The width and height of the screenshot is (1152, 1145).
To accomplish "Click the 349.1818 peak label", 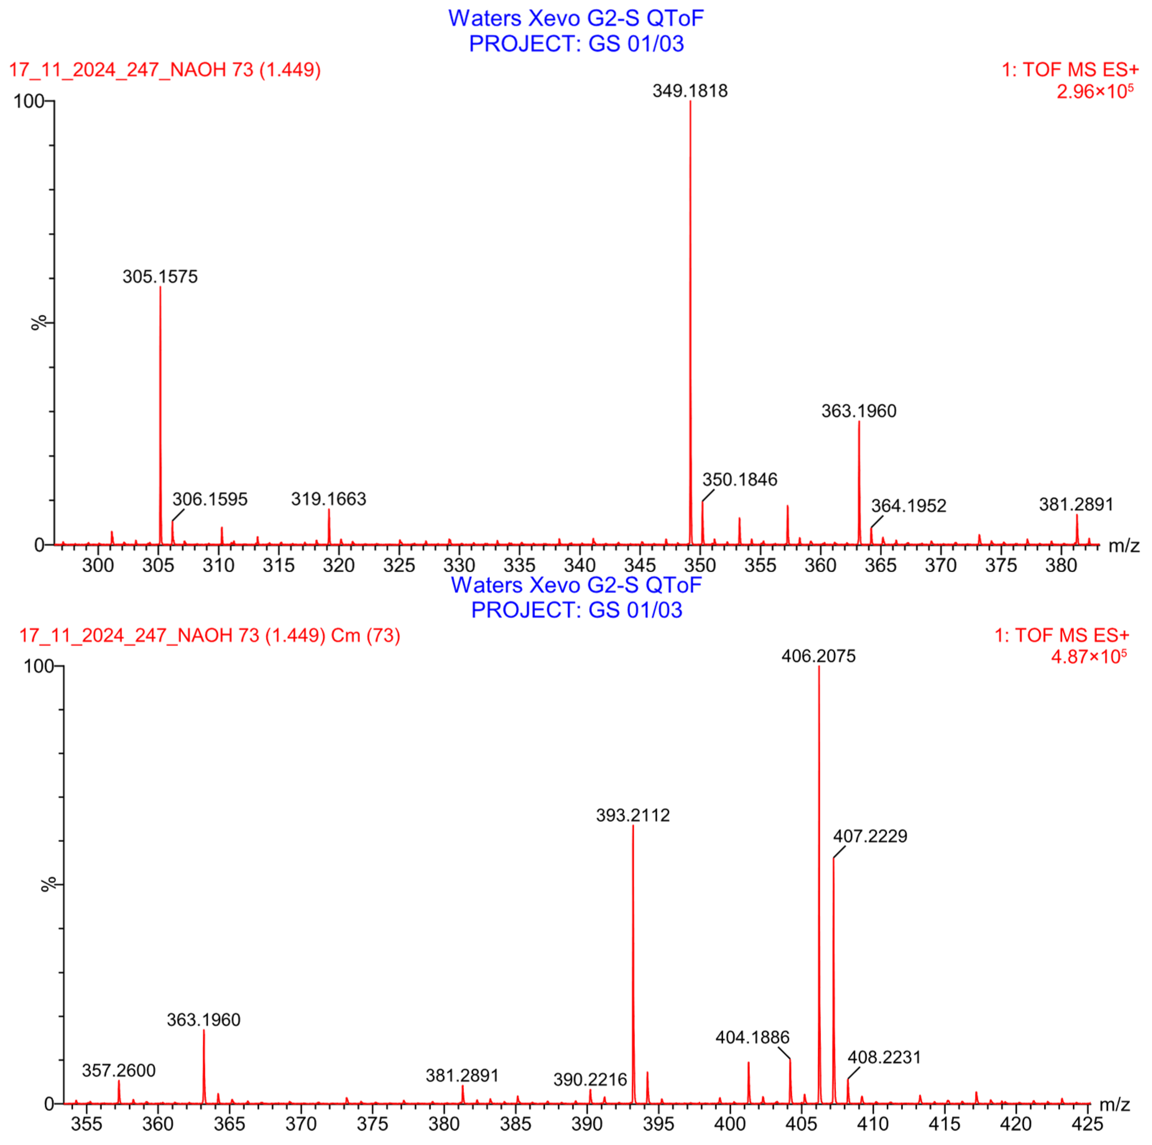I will (x=690, y=91).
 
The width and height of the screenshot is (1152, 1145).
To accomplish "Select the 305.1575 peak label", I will (x=160, y=277).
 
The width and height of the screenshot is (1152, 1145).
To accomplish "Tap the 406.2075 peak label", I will (x=819, y=656).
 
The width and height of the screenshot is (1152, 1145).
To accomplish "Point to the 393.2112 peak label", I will (x=633, y=815).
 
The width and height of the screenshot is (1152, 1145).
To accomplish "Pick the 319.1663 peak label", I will (x=329, y=499).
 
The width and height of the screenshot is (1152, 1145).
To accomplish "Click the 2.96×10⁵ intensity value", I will (x=1095, y=91).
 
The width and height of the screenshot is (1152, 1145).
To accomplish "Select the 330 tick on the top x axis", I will (x=459, y=565).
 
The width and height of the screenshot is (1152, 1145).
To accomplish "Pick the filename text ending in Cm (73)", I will (x=210, y=635).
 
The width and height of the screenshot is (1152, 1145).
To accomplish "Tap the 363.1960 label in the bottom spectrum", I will (x=203, y=1019).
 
